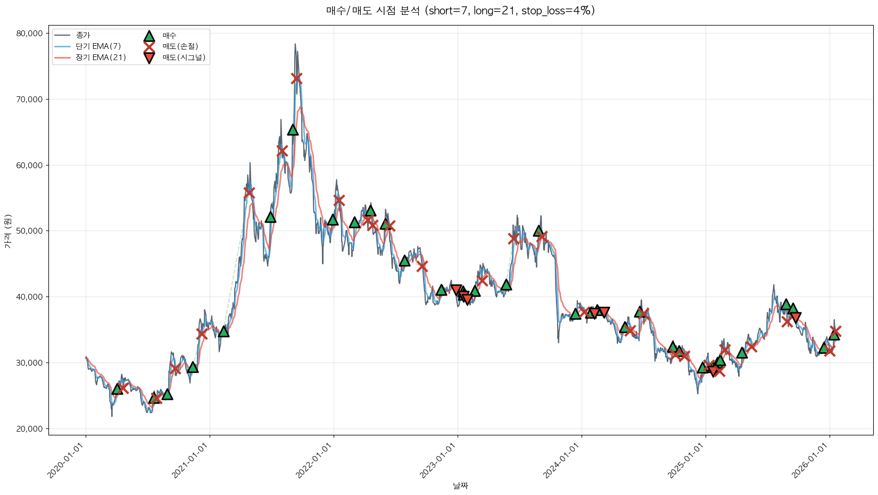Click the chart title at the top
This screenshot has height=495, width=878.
click(460, 11)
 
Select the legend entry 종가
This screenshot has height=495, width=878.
click(83, 35)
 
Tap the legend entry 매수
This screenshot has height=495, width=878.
click(169, 36)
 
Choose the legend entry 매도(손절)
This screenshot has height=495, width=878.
click(180, 46)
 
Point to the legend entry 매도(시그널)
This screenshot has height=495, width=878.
click(184, 57)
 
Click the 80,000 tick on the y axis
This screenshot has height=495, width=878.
click(29, 34)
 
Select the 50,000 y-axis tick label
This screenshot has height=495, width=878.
click(29, 231)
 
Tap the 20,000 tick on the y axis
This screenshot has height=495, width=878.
click(29, 428)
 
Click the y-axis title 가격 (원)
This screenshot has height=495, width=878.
click(7, 231)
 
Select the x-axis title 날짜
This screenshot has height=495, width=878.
click(460, 485)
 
